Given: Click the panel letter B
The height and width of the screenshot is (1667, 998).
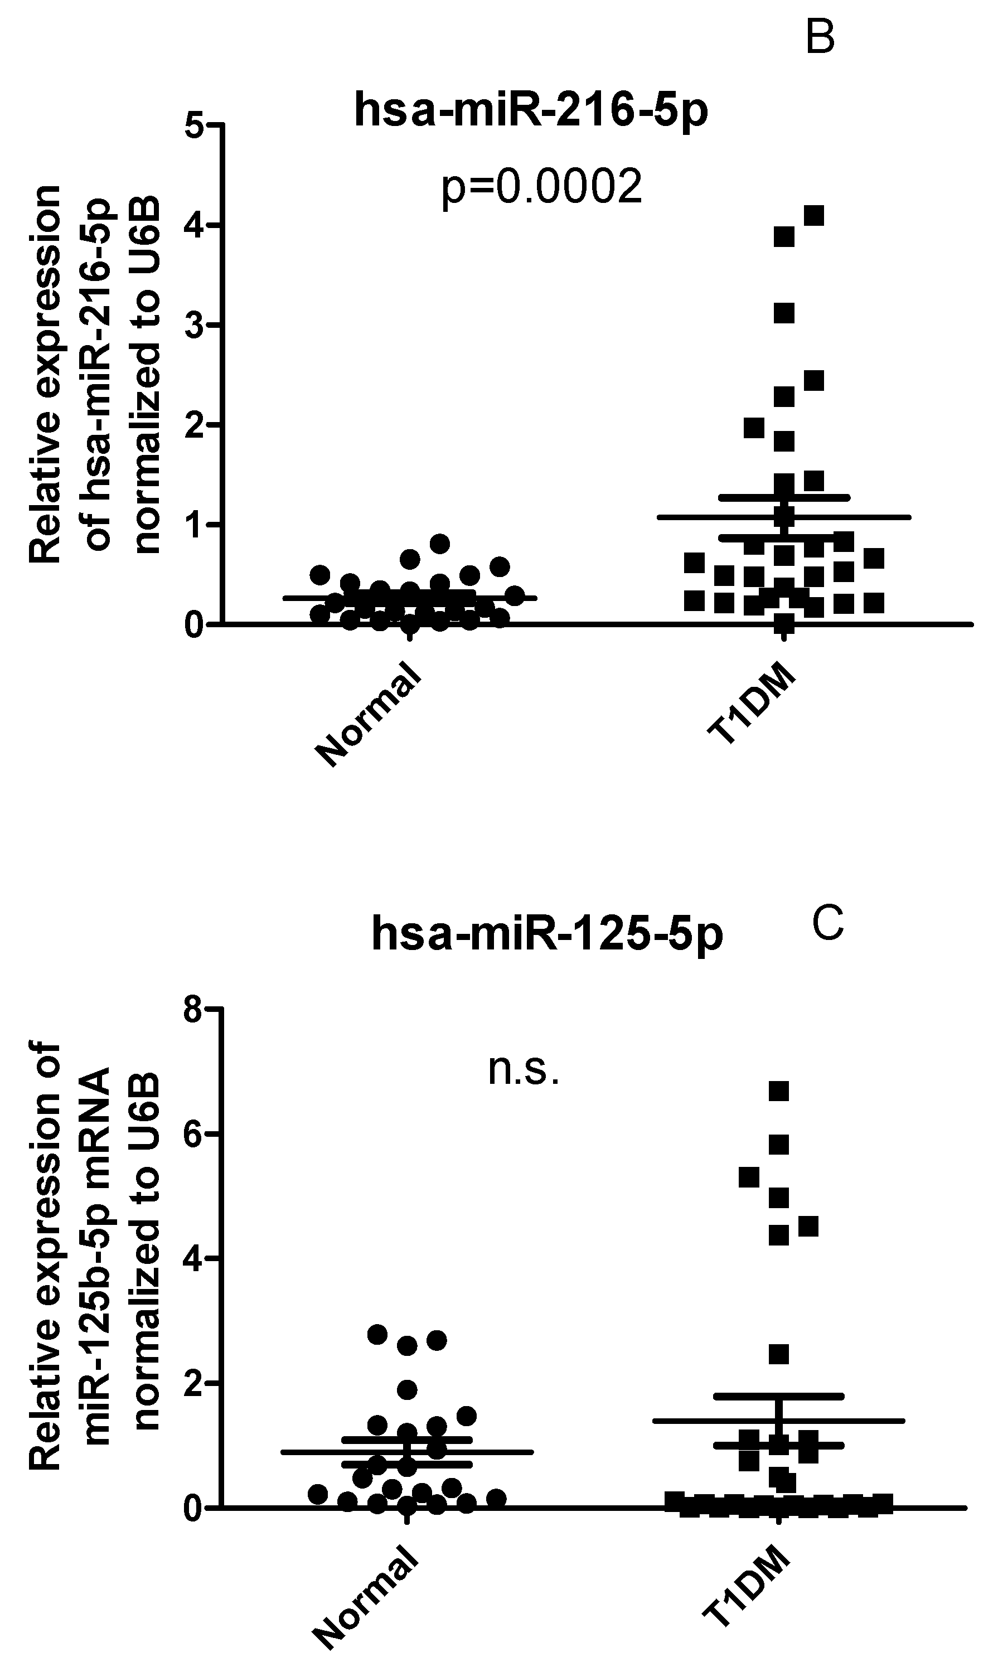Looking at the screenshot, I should point(820,38).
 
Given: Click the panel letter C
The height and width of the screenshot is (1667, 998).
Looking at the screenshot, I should point(828,924).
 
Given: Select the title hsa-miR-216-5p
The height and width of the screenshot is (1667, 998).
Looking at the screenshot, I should point(531,110).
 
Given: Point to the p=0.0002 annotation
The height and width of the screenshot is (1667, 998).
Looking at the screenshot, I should point(541,188).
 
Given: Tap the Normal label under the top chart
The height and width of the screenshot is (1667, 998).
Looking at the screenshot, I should point(370,714).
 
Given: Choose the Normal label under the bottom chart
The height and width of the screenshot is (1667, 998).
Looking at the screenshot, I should point(366,1596).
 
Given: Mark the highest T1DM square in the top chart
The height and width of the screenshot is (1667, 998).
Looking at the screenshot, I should point(814,216).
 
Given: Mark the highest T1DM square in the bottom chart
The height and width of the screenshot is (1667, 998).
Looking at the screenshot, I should point(778,1091).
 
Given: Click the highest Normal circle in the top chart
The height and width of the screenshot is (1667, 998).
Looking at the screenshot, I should point(439,544).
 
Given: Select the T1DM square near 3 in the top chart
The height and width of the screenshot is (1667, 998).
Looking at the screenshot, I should point(784,313).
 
